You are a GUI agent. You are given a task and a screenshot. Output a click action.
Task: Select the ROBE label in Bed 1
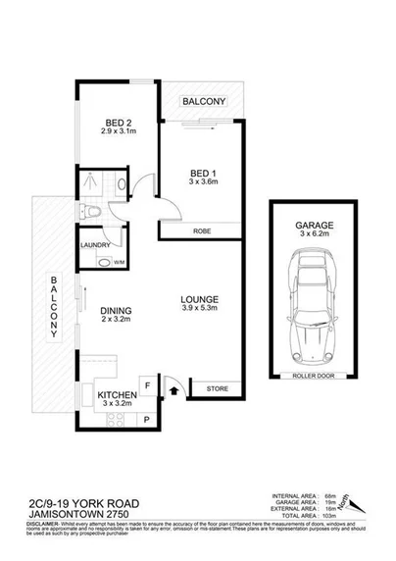point(202,230)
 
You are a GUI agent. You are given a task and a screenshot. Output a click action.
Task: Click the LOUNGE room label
point(199,298)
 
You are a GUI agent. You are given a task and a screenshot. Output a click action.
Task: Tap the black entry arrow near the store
point(174,390)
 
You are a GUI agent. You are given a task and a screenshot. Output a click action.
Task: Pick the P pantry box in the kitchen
point(146,421)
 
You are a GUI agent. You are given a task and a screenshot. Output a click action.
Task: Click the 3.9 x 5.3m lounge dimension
point(199,310)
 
